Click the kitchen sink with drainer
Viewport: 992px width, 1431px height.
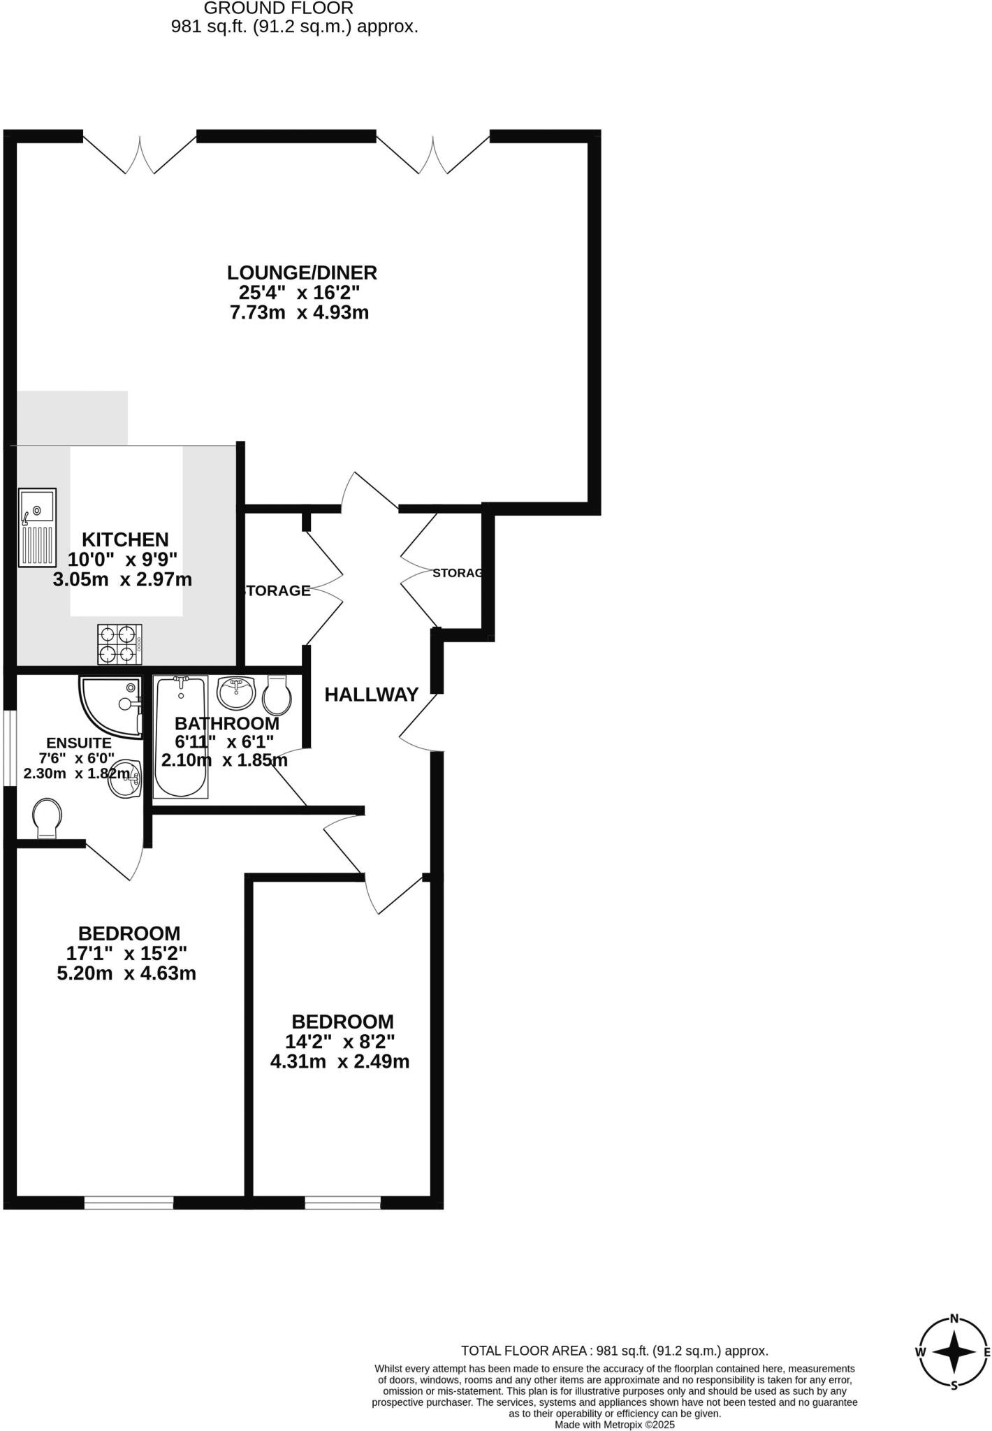pyautogui.click(x=38, y=528)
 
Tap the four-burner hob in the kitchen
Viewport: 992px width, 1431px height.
pyautogui.click(x=119, y=644)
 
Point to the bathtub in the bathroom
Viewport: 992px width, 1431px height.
pyautogui.click(x=181, y=737)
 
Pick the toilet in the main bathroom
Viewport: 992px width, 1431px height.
pyautogui.click(x=277, y=695)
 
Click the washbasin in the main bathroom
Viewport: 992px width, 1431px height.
pyautogui.click(x=236, y=692)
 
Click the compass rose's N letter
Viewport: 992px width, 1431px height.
pyautogui.click(x=954, y=1319)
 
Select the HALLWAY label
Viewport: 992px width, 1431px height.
pyautogui.click(x=372, y=695)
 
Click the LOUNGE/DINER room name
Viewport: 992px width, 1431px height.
pyautogui.click(x=302, y=272)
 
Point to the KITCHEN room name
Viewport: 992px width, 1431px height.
pyautogui.click(x=125, y=539)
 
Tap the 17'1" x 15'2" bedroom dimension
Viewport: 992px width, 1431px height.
pyautogui.click(x=126, y=953)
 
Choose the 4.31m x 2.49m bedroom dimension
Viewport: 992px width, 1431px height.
pyautogui.click(x=340, y=1062)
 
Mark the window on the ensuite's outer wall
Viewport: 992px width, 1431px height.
pyautogui.click(x=9, y=748)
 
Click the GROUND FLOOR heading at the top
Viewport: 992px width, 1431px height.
pyautogui.click(x=278, y=8)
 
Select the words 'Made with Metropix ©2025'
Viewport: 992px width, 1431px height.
pyautogui.click(x=615, y=1424)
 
